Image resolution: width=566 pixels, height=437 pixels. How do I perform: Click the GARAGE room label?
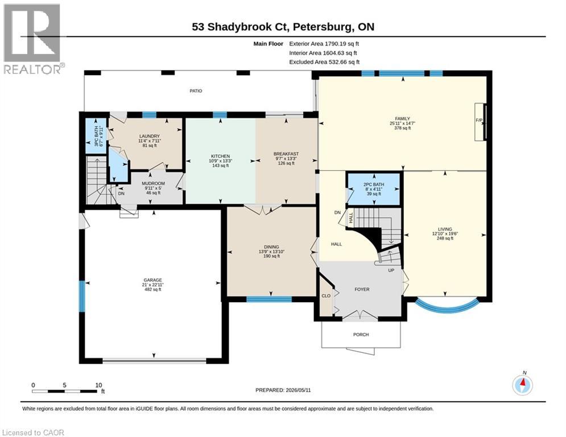[x=152, y=280]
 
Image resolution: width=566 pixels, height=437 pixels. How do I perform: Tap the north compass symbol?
[x=522, y=385]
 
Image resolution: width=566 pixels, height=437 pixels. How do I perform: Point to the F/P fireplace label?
[x=479, y=120]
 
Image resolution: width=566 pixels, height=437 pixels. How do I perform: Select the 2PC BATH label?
[x=374, y=184]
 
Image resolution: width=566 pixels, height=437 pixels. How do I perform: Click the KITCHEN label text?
[x=221, y=156]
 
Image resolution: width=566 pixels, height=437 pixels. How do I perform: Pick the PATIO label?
[x=196, y=91]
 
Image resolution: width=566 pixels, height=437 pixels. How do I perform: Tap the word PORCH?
[x=361, y=335]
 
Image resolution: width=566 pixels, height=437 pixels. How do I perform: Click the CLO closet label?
[x=326, y=296]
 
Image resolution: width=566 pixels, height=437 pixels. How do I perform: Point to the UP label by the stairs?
[x=391, y=270]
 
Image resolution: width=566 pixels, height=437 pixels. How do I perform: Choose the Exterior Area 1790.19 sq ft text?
[x=324, y=44]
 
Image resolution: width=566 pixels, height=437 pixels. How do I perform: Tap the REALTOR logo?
[x=32, y=39]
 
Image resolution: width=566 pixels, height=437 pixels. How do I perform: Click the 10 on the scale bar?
[x=98, y=385]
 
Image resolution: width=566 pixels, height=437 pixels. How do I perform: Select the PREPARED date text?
[x=283, y=390]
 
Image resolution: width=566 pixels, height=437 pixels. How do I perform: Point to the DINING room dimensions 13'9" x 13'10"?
[x=271, y=252]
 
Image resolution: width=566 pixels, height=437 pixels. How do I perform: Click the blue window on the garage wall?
[x=82, y=296]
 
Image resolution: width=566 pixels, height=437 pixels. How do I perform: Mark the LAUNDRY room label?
[x=150, y=136]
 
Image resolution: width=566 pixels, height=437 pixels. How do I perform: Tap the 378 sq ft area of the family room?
[x=403, y=128]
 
